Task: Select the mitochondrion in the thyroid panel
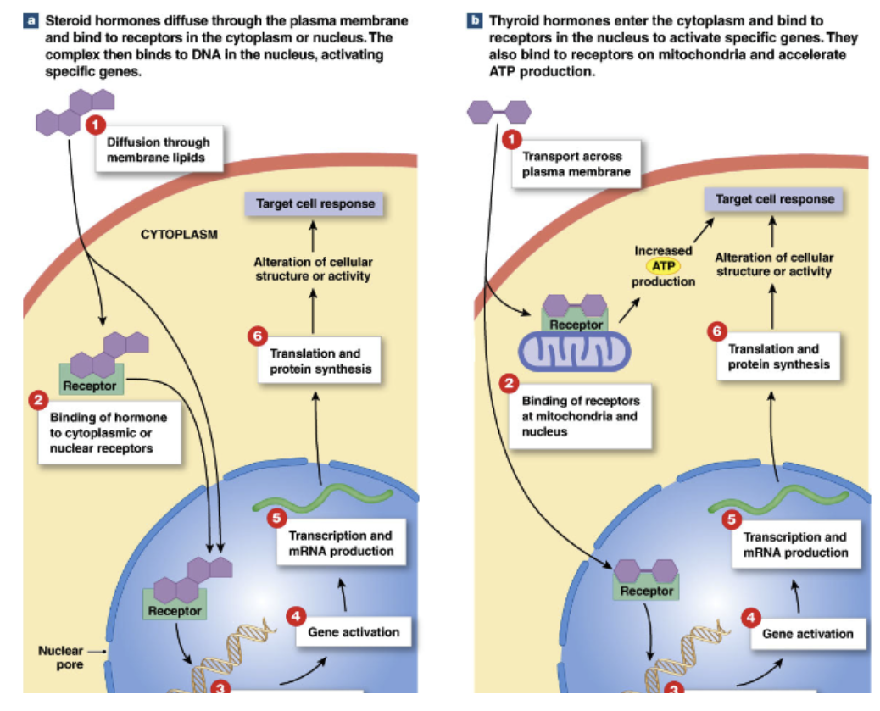(x=576, y=350)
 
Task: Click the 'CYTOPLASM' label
(x=178, y=234)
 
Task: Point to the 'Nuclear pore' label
(x=60, y=658)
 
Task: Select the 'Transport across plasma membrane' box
(x=571, y=164)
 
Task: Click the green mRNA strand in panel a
(x=321, y=498)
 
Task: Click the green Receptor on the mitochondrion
(x=576, y=323)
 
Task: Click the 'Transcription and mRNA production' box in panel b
(x=794, y=544)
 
